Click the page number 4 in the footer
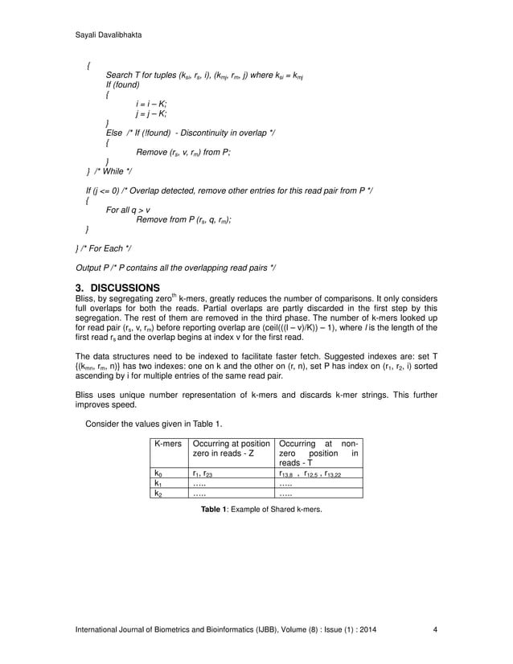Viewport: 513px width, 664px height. pyautogui.click(x=435, y=629)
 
